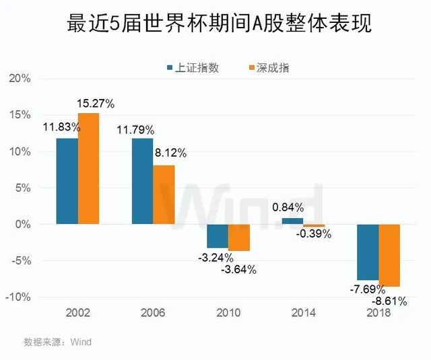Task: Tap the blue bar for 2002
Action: pos(67,181)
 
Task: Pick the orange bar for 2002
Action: pos(88,168)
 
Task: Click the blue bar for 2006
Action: pos(142,181)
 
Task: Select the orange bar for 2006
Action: pos(164,194)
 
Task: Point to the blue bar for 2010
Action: pos(218,236)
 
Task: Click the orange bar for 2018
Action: pos(389,255)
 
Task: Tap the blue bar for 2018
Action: pos(368,252)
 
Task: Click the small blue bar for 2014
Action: pos(292,221)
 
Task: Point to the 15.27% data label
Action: pos(97,104)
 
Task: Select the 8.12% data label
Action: pos(170,153)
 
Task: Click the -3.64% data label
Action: pos(238,270)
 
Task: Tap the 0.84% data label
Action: pos(290,207)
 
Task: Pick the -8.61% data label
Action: pos(391,301)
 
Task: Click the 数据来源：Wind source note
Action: pos(58,342)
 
